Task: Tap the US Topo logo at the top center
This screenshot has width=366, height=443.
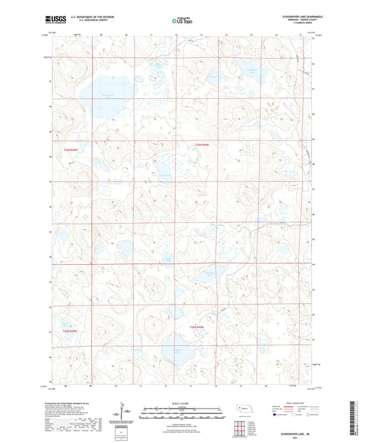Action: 181,21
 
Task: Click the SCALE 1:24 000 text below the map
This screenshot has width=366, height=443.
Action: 182,402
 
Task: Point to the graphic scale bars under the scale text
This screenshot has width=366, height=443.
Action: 182,414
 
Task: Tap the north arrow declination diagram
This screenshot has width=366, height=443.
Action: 126,413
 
